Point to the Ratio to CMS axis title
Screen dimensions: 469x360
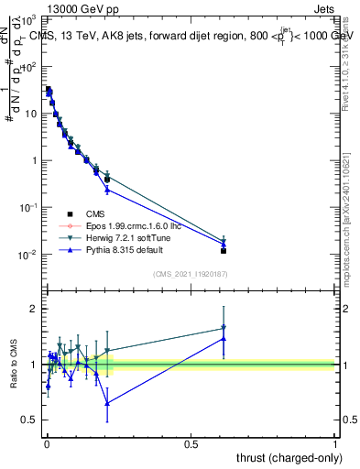(16, 365)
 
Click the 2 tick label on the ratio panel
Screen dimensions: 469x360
(33, 309)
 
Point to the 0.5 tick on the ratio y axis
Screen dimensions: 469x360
(29, 420)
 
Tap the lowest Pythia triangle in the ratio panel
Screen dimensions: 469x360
(107, 403)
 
